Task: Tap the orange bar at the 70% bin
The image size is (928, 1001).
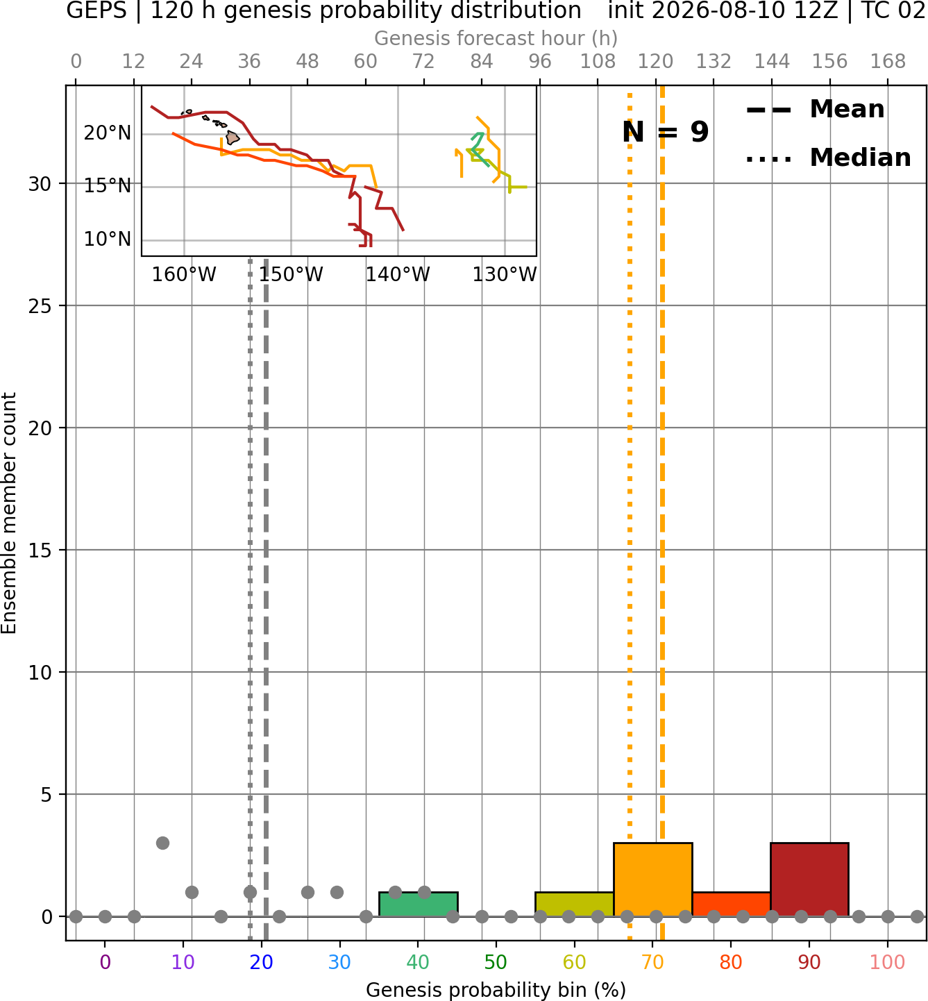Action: coord(652,879)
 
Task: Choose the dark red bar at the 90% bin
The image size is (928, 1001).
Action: coord(809,879)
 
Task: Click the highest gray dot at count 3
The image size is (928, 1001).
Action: coord(162,843)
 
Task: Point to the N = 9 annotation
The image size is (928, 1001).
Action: coord(666,132)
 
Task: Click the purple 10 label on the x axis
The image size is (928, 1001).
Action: coord(183,962)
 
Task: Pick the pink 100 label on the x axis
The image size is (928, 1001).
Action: coord(887,962)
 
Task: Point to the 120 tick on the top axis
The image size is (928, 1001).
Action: coord(655,62)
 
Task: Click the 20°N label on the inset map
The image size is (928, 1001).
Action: coord(108,133)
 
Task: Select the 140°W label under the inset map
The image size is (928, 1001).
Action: coord(398,275)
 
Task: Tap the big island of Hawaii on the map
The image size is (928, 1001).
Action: coord(232,137)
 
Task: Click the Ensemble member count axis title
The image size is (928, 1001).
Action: coord(8,513)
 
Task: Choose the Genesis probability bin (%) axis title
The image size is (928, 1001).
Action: coord(496,990)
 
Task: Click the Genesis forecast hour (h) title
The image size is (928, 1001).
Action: coord(496,38)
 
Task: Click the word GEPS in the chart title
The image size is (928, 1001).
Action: coord(96,10)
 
